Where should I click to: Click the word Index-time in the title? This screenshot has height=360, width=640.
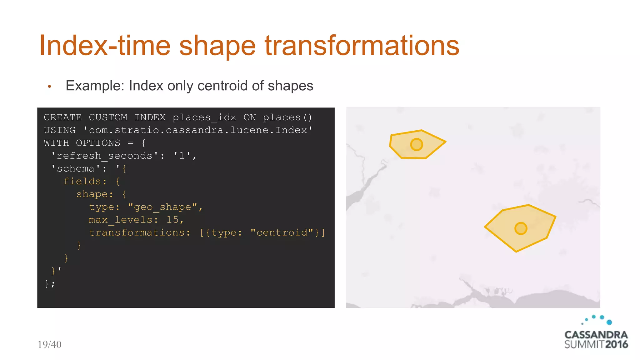(x=105, y=46)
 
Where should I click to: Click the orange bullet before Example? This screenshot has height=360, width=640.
(x=49, y=87)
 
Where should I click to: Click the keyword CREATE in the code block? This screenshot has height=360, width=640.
(x=62, y=117)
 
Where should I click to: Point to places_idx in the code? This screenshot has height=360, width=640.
(x=204, y=117)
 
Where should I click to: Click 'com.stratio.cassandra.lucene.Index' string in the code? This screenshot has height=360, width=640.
(x=197, y=130)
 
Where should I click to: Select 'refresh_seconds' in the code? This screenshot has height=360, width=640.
(x=105, y=156)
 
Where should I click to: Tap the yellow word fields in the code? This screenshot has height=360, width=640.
(x=82, y=181)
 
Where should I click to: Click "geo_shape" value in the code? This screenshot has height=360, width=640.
(x=162, y=207)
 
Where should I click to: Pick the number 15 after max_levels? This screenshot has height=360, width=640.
(x=172, y=220)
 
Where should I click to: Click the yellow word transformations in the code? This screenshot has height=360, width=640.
(x=136, y=232)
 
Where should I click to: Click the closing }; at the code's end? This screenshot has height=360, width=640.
(x=50, y=284)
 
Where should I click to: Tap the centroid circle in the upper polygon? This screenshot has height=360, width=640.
(x=416, y=145)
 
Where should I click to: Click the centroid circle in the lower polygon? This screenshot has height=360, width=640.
(x=521, y=228)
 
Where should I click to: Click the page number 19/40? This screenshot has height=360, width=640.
(x=49, y=344)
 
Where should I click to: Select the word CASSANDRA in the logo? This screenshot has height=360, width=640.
(x=596, y=335)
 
